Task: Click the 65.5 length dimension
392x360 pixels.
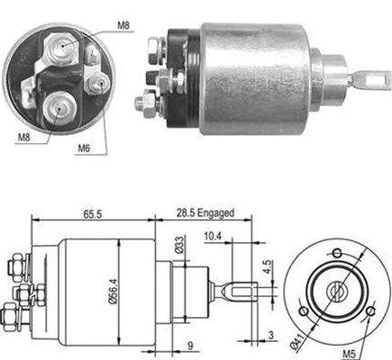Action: (93, 214)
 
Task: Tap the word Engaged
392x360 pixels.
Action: (215, 213)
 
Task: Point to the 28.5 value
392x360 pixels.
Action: (186, 213)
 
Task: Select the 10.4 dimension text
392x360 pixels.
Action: (213, 236)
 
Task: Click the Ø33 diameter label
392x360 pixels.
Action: (179, 245)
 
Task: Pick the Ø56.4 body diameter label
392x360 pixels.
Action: (113, 292)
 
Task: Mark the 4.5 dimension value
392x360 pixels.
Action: (268, 267)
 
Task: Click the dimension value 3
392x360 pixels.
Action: (271, 335)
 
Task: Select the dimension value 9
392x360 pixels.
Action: (190, 346)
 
